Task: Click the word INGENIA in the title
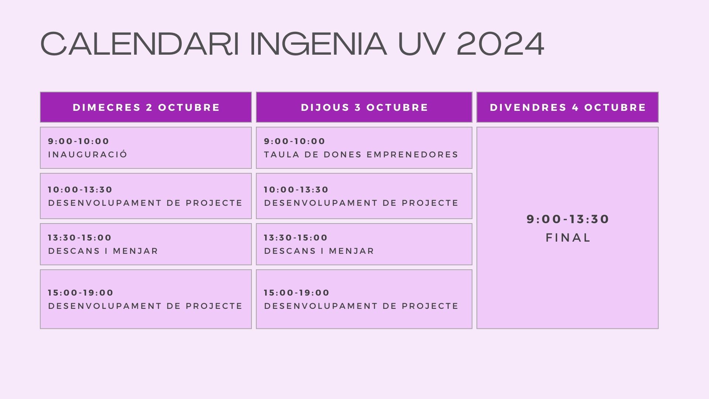coord(318,44)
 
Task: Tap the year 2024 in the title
coord(500,44)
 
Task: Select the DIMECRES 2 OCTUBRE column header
coord(146,108)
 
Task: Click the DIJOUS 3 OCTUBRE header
coord(364,108)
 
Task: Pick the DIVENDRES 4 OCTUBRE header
coord(568,108)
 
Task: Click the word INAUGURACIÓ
coord(88,154)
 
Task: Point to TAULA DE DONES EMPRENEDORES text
coord(361,154)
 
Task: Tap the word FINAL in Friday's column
coord(568,238)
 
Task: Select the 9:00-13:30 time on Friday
coord(568,219)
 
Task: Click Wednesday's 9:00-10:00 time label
coord(79,141)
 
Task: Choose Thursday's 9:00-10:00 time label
coord(295,141)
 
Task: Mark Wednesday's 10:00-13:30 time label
coord(80,190)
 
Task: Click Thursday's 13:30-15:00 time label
coord(296,238)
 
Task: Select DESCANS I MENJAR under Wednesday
coord(103,251)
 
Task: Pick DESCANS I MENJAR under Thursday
coord(319,251)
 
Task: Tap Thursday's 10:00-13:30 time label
coord(296,190)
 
